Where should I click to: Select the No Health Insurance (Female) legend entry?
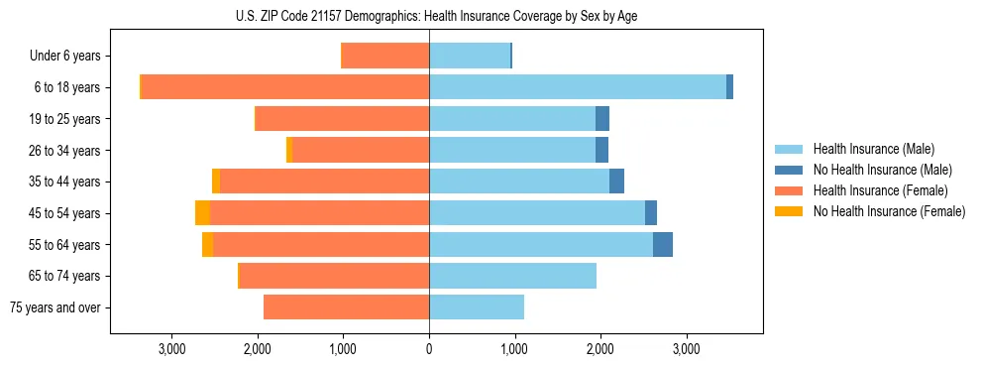(x=889, y=211)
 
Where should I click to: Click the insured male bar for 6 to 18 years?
(x=577, y=87)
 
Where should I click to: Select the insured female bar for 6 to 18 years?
(x=285, y=87)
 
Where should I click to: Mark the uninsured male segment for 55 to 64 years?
(x=663, y=244)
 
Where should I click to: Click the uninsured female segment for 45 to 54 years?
(x=202, y=213)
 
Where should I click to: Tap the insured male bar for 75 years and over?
(x=477, y=307)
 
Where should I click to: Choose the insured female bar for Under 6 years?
(x=385, y=57)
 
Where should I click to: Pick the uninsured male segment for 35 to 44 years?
(x=616, y=182)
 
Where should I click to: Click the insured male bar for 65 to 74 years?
(x=512, y=276)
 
